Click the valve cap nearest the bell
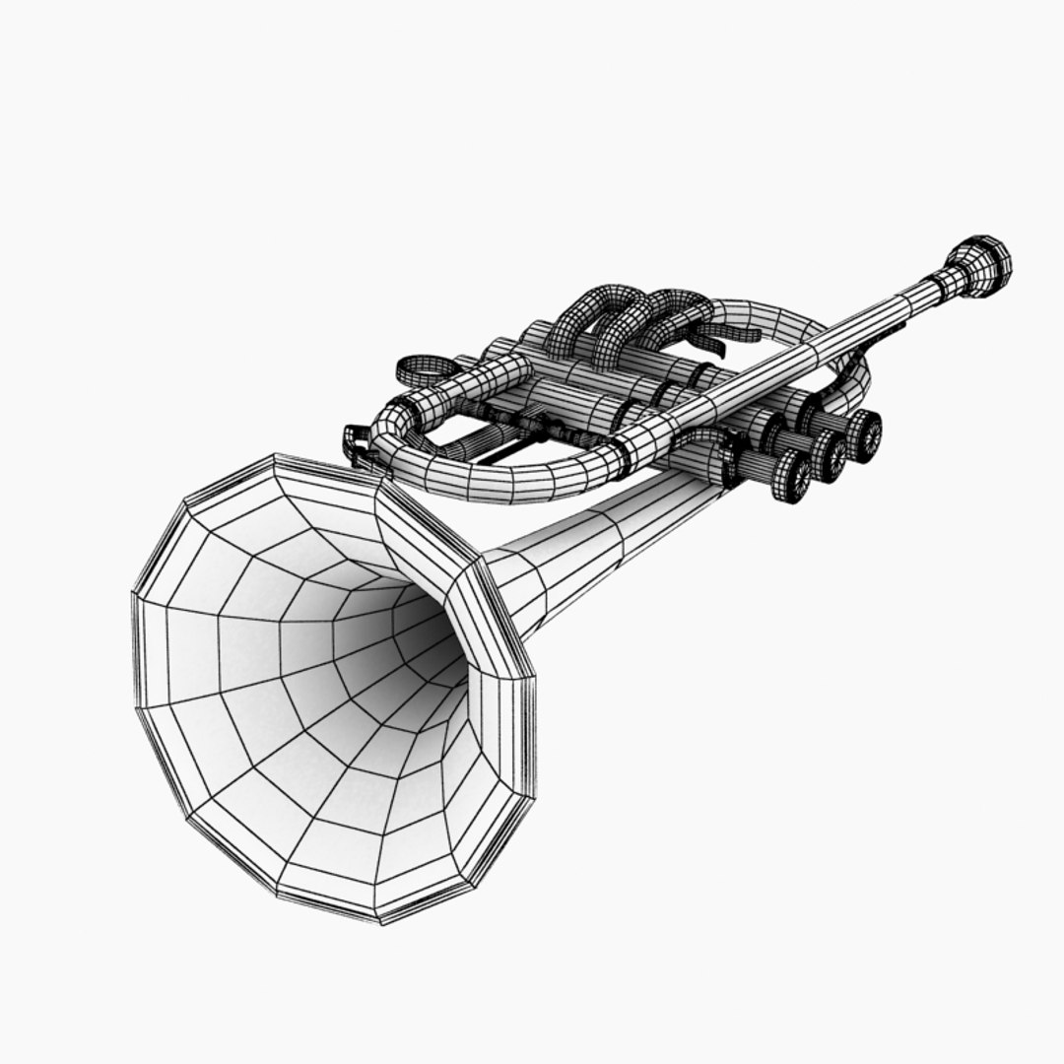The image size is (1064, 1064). pyautogui.click(x=792, y=477)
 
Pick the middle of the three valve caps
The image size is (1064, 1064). pyautogui.click(x=830, y=454)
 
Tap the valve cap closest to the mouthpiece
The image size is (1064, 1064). pyautogui.click(x=864, y=434)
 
